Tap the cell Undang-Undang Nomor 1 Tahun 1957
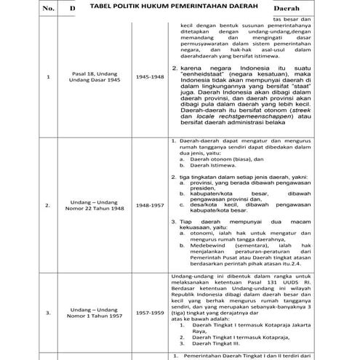click(x=92, y=313)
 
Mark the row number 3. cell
click(x=48, y=313)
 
